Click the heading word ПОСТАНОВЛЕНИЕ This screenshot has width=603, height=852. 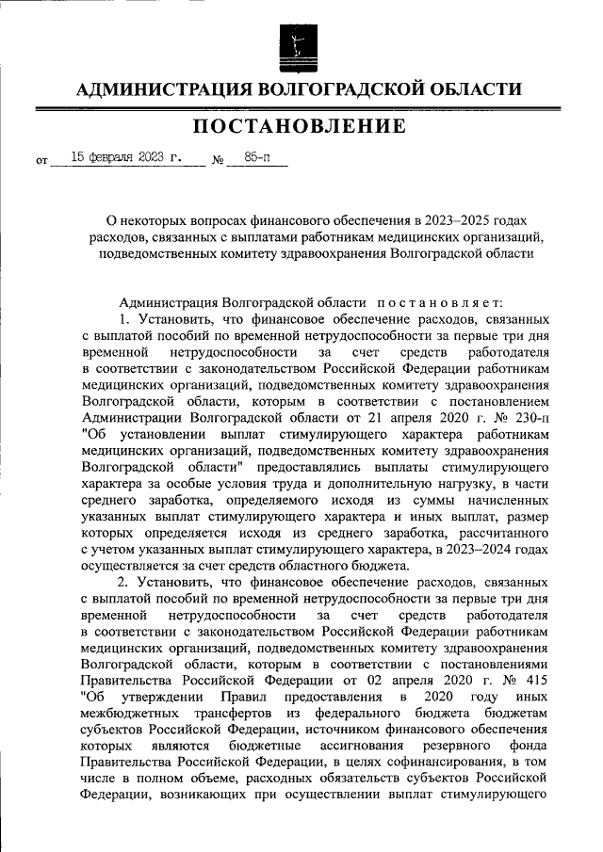click(301, 126)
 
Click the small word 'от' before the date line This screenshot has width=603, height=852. click(41, 162)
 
